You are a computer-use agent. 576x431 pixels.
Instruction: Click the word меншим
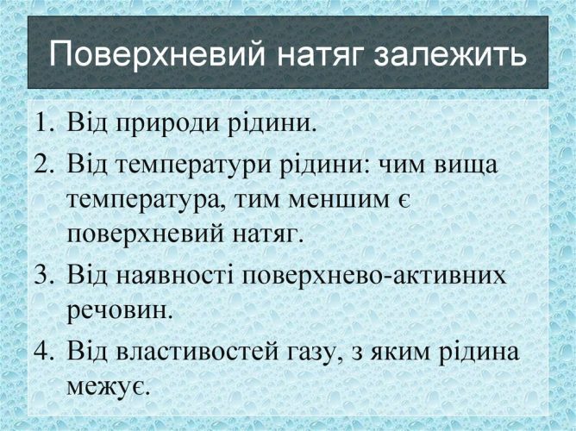(x=338, y=202)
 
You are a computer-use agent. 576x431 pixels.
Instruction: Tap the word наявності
(x=175, y=275)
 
